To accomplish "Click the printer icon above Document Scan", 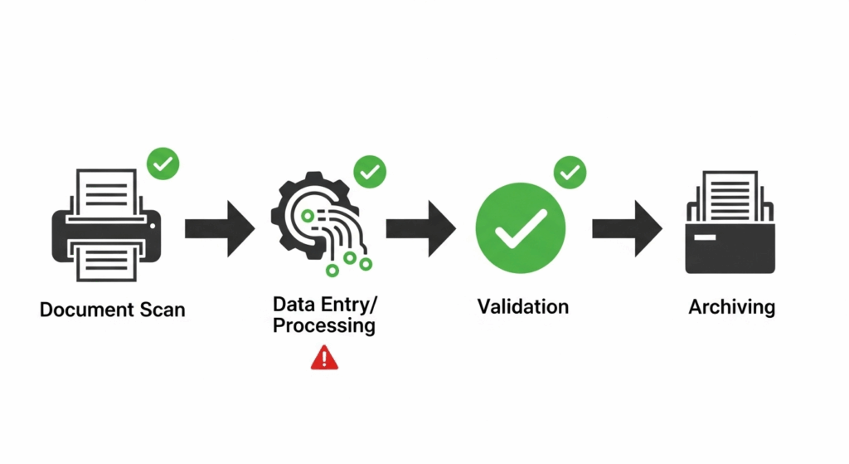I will click(105, 227).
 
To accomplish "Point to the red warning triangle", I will click(324, 358).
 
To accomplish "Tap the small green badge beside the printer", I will click(163, 164).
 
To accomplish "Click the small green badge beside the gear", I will click(370, 172).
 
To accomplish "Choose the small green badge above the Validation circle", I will click(570, 172).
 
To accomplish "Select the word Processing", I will click(324, 326).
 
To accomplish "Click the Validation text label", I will click(523, 306).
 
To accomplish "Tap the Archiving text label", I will click(731, 308).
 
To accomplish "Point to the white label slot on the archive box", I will click(706, 238).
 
